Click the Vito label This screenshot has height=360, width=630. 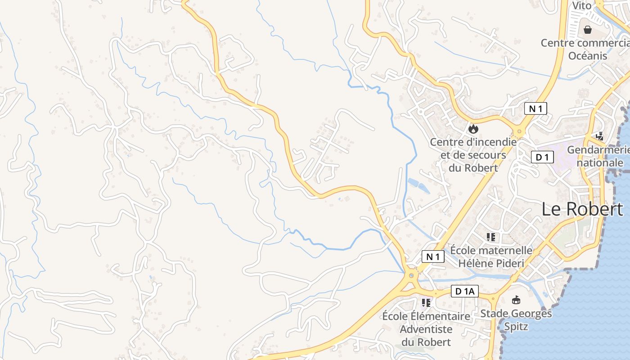pos(581,5)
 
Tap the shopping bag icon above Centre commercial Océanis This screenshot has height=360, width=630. pos(588,30)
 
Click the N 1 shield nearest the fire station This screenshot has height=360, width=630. pos(535,108)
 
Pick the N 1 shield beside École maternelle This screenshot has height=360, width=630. pos(433,256)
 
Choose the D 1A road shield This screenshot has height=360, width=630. pos(465,291)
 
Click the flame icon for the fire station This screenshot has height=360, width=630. pos(473,129)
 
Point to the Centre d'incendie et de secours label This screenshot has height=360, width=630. pos(473,155)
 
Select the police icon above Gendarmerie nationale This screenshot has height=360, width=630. pos(599,135)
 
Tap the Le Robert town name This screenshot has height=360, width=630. pos(582,209)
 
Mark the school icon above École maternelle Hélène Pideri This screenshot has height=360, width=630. pos(490,237)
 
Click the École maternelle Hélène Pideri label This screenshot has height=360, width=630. pos(491,256)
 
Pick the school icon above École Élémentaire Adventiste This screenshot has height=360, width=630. pos(426,302)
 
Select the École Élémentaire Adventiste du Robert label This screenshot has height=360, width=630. pos(426,329)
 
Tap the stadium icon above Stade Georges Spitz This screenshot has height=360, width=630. pos(516,300)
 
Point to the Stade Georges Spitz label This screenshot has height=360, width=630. pos(516,319)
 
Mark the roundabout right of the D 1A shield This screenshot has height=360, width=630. pos(493,297)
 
